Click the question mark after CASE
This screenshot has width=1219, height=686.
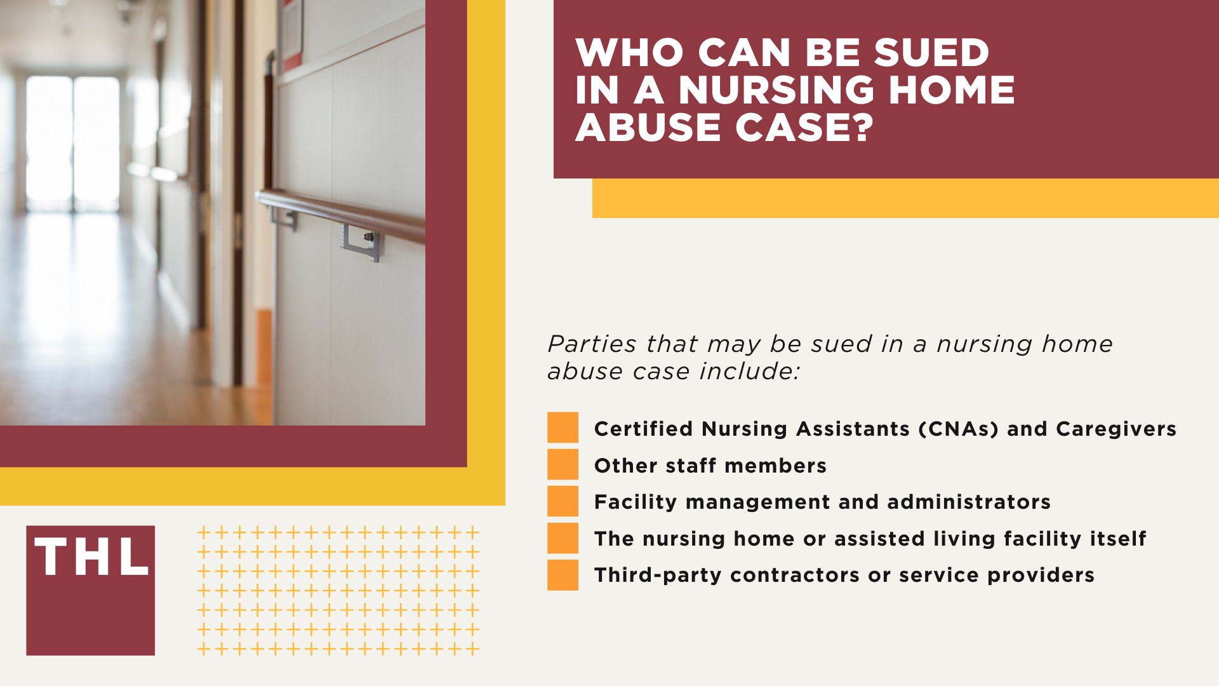click(x=862, y=127)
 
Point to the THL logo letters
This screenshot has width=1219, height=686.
click(x=91, y=558)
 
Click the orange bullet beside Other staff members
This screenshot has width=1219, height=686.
click(x=563, y=464)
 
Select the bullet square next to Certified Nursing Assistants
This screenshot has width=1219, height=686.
click(x=563, y=427)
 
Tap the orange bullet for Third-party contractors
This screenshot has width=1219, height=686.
click(x=563, y=575)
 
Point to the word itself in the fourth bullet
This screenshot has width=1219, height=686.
click(x=1118, y=539)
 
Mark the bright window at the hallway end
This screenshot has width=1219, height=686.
click(x=72, y=143)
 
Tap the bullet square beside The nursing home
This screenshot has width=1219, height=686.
click(x=563, y=538)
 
